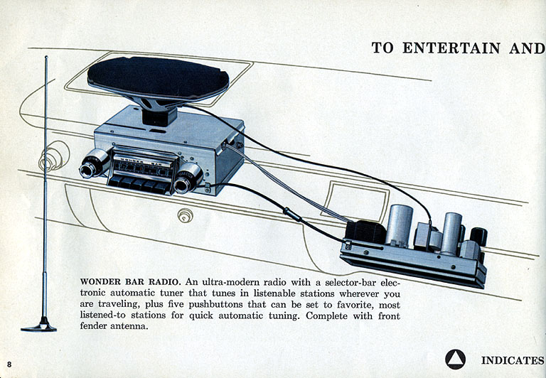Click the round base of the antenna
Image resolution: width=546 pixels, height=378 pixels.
[x=38, y=327]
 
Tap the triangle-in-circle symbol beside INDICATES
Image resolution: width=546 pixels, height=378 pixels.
[x=455, y=360]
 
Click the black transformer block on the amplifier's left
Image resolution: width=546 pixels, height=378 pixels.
[x=365, y=231]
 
